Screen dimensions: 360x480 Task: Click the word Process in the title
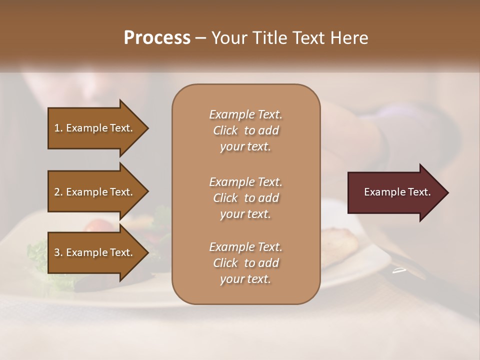click(157, 38)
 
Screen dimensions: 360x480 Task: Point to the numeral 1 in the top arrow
click(57, 128)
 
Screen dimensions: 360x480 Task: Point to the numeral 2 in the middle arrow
click(57, 192)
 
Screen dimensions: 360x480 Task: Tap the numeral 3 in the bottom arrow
click(57, 252)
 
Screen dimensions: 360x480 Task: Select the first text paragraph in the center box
click(245, 130)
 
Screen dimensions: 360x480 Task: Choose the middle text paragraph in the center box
click(245, 197)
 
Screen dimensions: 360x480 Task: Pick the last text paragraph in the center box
click(245, 263)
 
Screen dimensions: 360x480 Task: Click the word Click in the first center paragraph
click(225, 130)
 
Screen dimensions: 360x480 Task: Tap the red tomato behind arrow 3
click(98, 226)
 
